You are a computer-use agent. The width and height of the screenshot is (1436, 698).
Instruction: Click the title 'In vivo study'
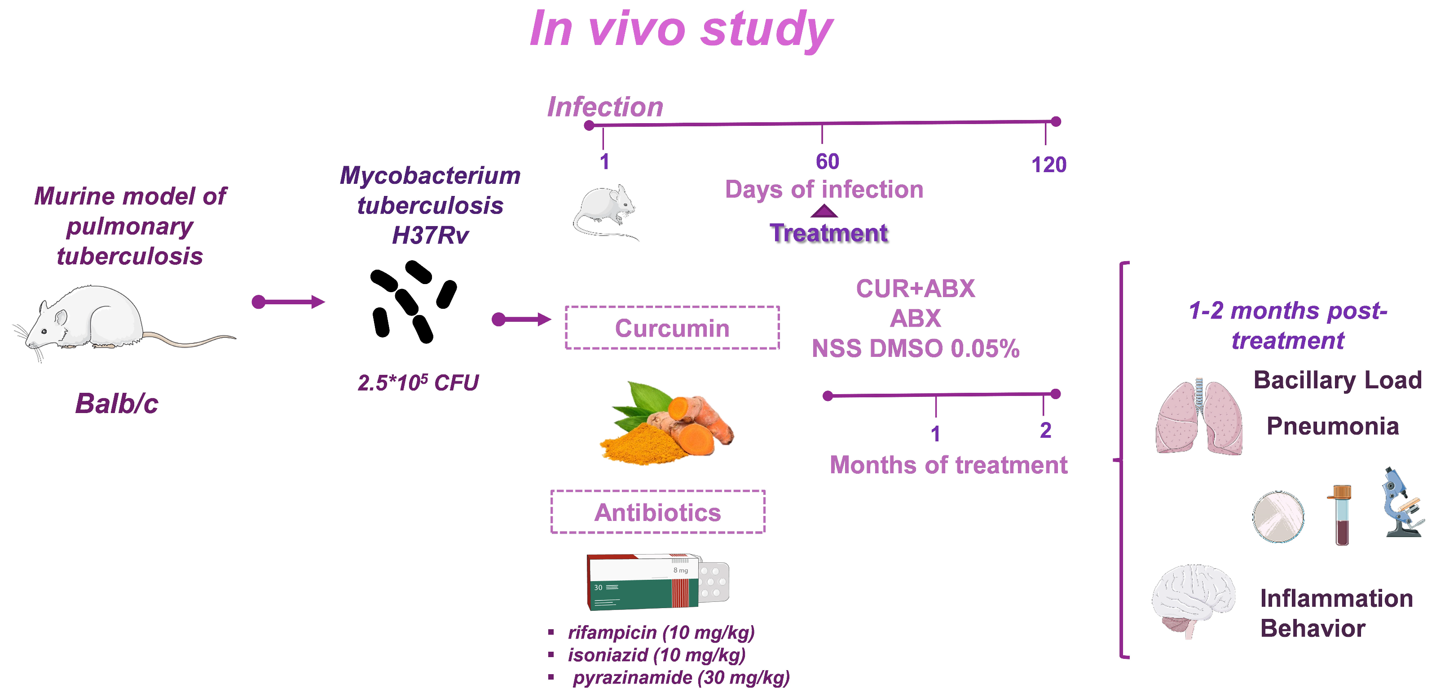[681, 29]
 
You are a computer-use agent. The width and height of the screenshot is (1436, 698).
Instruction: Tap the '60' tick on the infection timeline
[827, 161]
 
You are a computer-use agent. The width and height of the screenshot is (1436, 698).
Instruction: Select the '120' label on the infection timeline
[1048, 164]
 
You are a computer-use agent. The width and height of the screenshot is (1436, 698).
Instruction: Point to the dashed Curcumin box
[672, 328]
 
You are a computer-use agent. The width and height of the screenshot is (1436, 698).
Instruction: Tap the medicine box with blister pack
[658, 582]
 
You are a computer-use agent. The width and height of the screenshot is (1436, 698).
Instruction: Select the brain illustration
[1193, 600]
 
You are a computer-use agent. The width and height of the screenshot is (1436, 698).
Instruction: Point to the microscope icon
[1401, 504]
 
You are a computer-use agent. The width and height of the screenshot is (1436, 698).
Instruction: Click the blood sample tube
[1341, 515]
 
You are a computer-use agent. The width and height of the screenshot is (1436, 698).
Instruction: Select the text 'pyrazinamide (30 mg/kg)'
[681, 677]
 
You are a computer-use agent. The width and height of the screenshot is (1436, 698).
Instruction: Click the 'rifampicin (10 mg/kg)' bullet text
[661, 632]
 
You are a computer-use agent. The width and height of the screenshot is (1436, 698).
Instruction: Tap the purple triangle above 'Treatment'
[824, 211]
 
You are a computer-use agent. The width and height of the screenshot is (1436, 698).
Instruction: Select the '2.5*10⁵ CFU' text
[418, 383]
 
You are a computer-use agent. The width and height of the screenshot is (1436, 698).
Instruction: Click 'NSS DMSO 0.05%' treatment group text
[915, 349]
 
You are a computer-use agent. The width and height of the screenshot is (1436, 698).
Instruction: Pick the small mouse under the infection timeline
[605, 212]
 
